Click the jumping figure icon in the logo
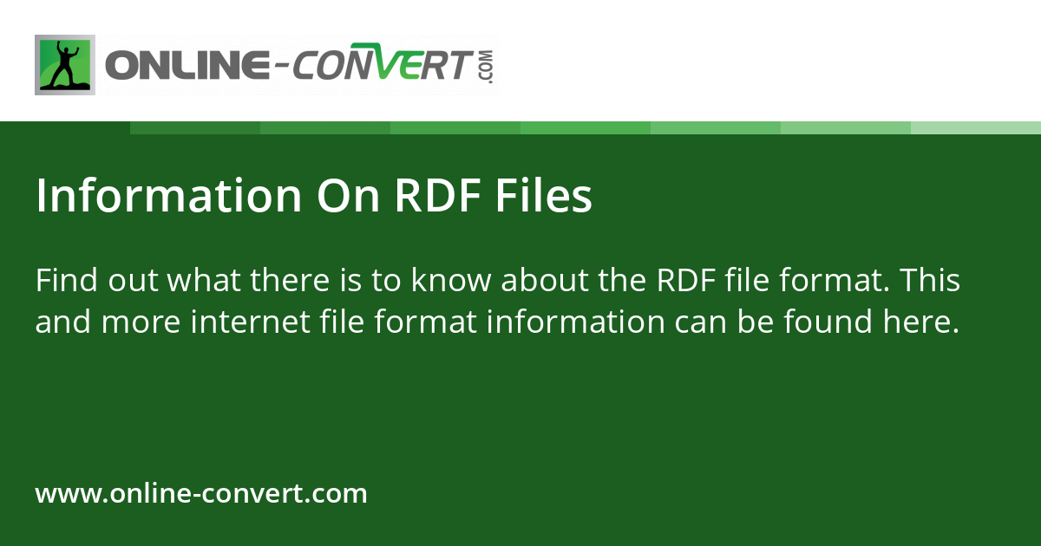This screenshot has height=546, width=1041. coord(65,65)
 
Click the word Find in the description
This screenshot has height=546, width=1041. coord(68,282)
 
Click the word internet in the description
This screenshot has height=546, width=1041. coord(242,322)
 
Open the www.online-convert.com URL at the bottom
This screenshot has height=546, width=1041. coord(201,494)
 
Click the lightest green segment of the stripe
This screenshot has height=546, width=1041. coord(975,127)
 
